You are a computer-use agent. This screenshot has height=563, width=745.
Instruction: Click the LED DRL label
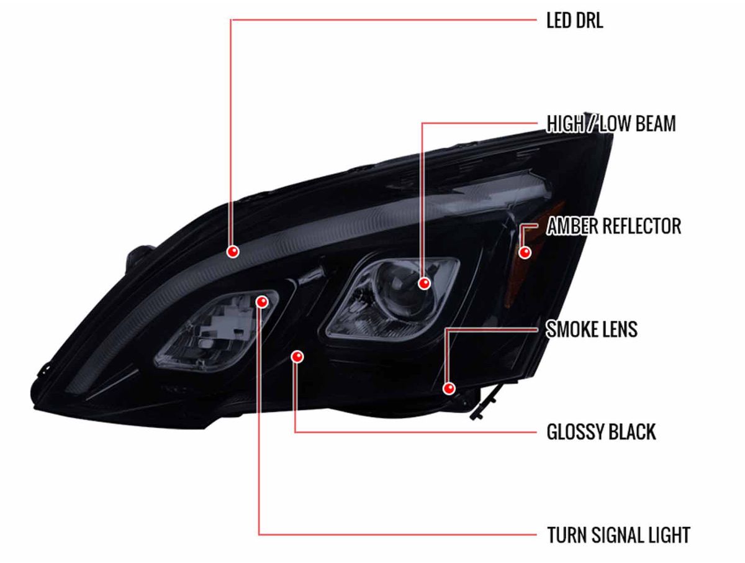coord(574,21)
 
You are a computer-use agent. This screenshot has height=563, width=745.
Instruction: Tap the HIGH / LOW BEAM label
coord(611,124)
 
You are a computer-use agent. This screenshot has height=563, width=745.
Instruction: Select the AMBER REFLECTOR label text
coord(613,226)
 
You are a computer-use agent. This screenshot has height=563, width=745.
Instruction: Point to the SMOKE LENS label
coord(592,329)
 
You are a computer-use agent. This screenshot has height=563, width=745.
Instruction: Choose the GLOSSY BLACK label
coord(601,432)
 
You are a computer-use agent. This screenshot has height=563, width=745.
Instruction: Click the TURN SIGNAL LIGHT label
coord(618,534)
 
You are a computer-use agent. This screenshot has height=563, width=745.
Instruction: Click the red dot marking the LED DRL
coord(233,252)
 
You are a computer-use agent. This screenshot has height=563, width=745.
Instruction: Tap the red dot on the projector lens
coord(424,283)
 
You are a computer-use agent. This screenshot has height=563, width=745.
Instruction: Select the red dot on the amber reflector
coord(525,252)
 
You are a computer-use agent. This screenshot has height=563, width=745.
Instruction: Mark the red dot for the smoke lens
coord(449,388)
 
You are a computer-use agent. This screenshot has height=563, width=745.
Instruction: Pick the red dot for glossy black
coord(297,356)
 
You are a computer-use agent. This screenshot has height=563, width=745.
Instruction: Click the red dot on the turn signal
coord(261,302)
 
